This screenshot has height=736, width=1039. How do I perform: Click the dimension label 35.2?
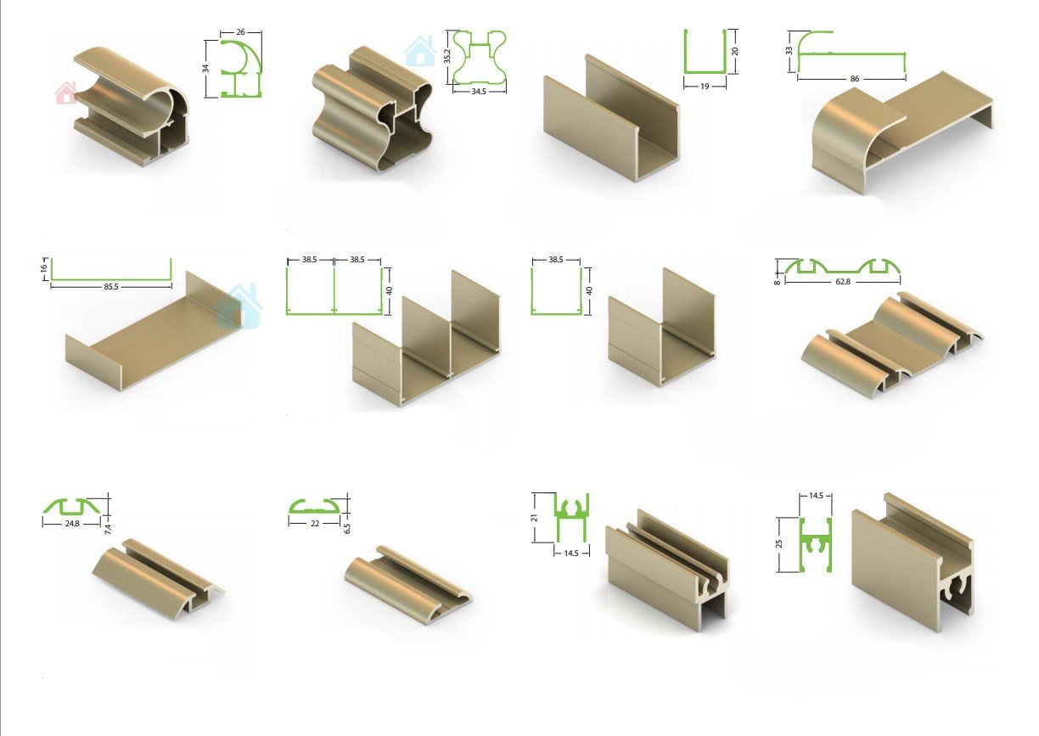coord(447,56)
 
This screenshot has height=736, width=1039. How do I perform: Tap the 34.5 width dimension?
coord(478,92)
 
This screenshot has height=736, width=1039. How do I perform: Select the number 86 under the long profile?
coord(855,79)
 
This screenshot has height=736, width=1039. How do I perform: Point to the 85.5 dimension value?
coord(111,287)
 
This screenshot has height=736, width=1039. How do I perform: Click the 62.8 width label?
coord(842,281)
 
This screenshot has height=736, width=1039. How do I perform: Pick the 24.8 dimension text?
coord(72,523)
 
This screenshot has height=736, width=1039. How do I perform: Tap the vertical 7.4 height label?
coord(108,529)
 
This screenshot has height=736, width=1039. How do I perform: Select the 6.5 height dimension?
coord(347,528)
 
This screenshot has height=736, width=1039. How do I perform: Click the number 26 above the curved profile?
coord(240,32)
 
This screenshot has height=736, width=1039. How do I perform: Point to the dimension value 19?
coord(704,86)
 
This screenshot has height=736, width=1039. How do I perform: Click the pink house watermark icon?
coord(66,93)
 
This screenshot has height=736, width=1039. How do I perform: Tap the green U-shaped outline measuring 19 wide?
coord(705,72)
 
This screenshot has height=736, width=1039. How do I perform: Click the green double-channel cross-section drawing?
coord(334,313)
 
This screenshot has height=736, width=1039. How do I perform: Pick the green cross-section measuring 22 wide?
coord(314,510)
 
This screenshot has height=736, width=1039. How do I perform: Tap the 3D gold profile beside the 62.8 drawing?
coord(891,344)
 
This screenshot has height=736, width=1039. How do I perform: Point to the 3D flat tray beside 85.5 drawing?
coord(154,332)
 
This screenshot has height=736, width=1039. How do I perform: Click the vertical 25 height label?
coord(779,543)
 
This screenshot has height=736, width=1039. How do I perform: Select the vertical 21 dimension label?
coord(534,517)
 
